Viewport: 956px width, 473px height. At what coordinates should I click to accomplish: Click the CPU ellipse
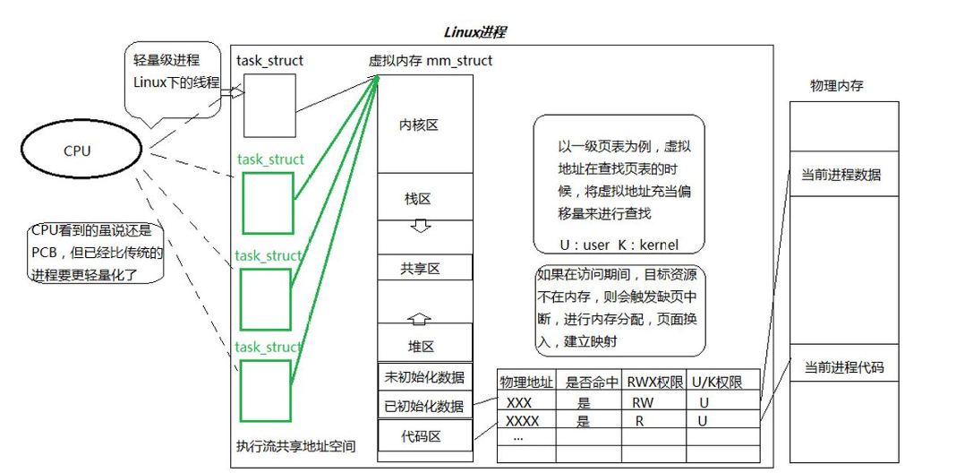pyautogui.click(x=77, y=151)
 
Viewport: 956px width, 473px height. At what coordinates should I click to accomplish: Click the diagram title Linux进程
pyautogui.click(x=474, y=32)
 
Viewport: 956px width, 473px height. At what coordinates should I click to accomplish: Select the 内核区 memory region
pyautogui.click(x=419, y=125)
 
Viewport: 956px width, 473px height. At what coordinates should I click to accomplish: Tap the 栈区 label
pyautogui.click(x=419, y=198)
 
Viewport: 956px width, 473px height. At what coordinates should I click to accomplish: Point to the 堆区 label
pyautogui.click(x=420, y=345)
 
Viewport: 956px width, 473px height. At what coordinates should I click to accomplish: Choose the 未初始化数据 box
pyautogui.click(x=423, y=377)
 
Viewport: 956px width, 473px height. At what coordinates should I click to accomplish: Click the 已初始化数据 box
pyautogui.click(x=423, y=406)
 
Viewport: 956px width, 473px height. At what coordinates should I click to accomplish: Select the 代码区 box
pyautogui.click(x=423, y=437)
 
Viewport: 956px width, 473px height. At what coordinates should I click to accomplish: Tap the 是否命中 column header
pyautogui.click(x=592, y=383)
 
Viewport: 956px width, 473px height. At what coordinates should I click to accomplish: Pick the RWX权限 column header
pyautogui.click(x=656, y=383)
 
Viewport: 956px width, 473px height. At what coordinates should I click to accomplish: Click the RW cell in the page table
pyautogui.click(x=642, y=402)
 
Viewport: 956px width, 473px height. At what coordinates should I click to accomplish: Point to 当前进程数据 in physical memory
pyautogui.click(x=841, y=175)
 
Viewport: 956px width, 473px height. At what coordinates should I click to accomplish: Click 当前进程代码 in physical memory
pyautogui.click(x=841, y=367)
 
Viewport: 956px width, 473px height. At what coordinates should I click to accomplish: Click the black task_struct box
pyautogui.click(x=269, y=106)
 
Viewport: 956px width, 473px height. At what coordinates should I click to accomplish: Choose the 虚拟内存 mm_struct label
pyautogui.click(x=430, y=60)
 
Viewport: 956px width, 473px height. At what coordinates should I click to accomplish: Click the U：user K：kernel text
pyautogui.click(x=619, y=244)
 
